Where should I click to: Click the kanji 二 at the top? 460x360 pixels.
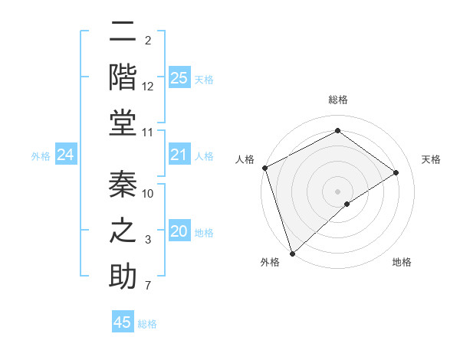click(122, 33)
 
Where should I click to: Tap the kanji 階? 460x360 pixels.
click(123, 77)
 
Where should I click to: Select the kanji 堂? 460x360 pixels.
click(123, 123)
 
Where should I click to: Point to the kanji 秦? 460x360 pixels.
click(123, 184)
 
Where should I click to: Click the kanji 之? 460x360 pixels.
click(123, 231)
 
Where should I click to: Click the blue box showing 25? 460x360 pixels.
click(179, 77)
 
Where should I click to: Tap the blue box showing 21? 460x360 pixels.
click(179, 155)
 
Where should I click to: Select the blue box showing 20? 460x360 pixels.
click(179, 231)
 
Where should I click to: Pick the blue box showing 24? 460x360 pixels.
click(65, 155)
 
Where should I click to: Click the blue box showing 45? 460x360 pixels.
click(123, 322)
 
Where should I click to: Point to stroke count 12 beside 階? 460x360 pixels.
click(148, 87)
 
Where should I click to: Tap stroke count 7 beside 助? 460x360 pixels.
click(148, 286)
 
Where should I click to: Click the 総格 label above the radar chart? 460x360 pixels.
click(337, 100)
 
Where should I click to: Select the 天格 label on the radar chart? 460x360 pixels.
click(432, 159)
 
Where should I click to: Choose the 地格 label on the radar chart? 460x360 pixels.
click(402, 263)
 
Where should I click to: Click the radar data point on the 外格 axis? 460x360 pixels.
click(291, 253)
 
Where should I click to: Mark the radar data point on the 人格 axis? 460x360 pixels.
click(264, 168)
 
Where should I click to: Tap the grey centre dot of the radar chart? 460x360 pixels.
click(337, 191)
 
